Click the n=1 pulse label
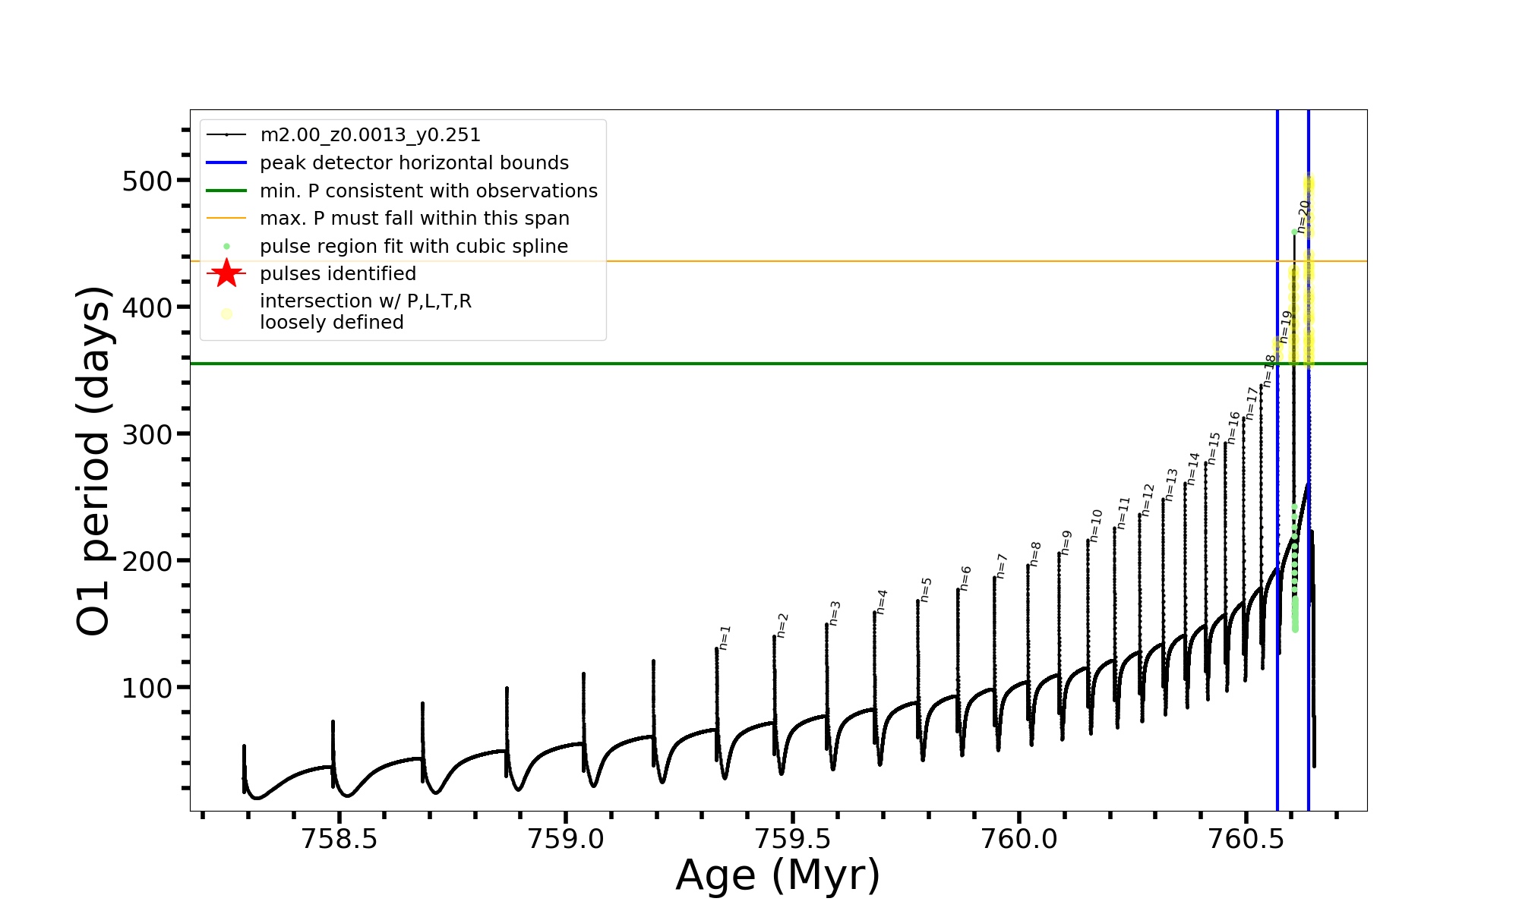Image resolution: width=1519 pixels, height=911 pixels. (725, 638)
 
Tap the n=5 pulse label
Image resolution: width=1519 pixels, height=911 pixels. (926, 589)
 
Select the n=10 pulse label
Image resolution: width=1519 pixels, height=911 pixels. (1096, 525)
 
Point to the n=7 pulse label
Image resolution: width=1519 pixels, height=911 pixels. (1002, 566)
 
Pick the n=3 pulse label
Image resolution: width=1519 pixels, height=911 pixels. (835, 613)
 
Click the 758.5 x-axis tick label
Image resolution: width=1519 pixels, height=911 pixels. (339, 839)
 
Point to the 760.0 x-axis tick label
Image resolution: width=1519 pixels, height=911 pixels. (1019, 839)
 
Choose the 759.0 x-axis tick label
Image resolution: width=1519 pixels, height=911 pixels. (566, 839)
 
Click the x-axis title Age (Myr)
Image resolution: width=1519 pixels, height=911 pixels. (778, 875)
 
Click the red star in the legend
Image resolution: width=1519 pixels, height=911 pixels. (226, 273)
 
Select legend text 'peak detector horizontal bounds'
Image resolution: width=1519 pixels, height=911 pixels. (414, 163)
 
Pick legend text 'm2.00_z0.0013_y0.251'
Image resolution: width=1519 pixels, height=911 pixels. (370, 135)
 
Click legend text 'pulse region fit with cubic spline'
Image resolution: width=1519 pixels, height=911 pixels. (414, 247)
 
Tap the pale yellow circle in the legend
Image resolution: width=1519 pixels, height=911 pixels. (226, 314)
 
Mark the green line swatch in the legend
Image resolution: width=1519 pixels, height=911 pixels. (226, 191)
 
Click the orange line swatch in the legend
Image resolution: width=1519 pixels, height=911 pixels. (226, 219)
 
